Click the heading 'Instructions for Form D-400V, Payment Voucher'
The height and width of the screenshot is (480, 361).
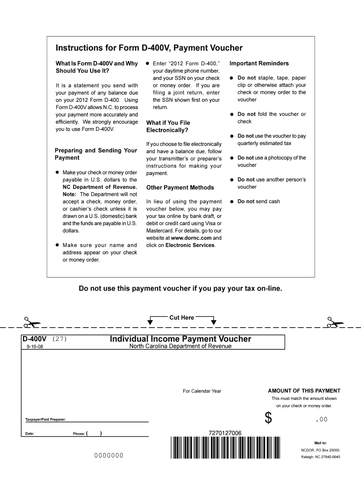[x=149, y=48]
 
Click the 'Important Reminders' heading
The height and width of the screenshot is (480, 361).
[x=259, y=63]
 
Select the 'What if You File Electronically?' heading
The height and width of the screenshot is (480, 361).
[x=168, y=127]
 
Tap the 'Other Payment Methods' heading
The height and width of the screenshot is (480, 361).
[x=180, y=187]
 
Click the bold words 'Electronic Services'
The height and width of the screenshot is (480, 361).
[x=190, y=245]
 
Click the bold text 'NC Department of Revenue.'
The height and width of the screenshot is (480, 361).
[x=100, y=187]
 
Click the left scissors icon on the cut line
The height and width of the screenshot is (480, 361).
[x=32, y=322]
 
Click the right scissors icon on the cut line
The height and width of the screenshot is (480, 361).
[x=335, y=322]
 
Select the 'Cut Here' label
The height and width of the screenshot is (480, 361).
[x=181, y=317]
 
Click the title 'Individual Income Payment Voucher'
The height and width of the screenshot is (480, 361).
[x=180, y=339]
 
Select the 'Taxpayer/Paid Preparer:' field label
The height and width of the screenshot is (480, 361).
[x=45, y=419]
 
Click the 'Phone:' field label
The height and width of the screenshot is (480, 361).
[x=78, y=434]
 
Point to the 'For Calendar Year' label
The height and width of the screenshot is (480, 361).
[x=202, y=391]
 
